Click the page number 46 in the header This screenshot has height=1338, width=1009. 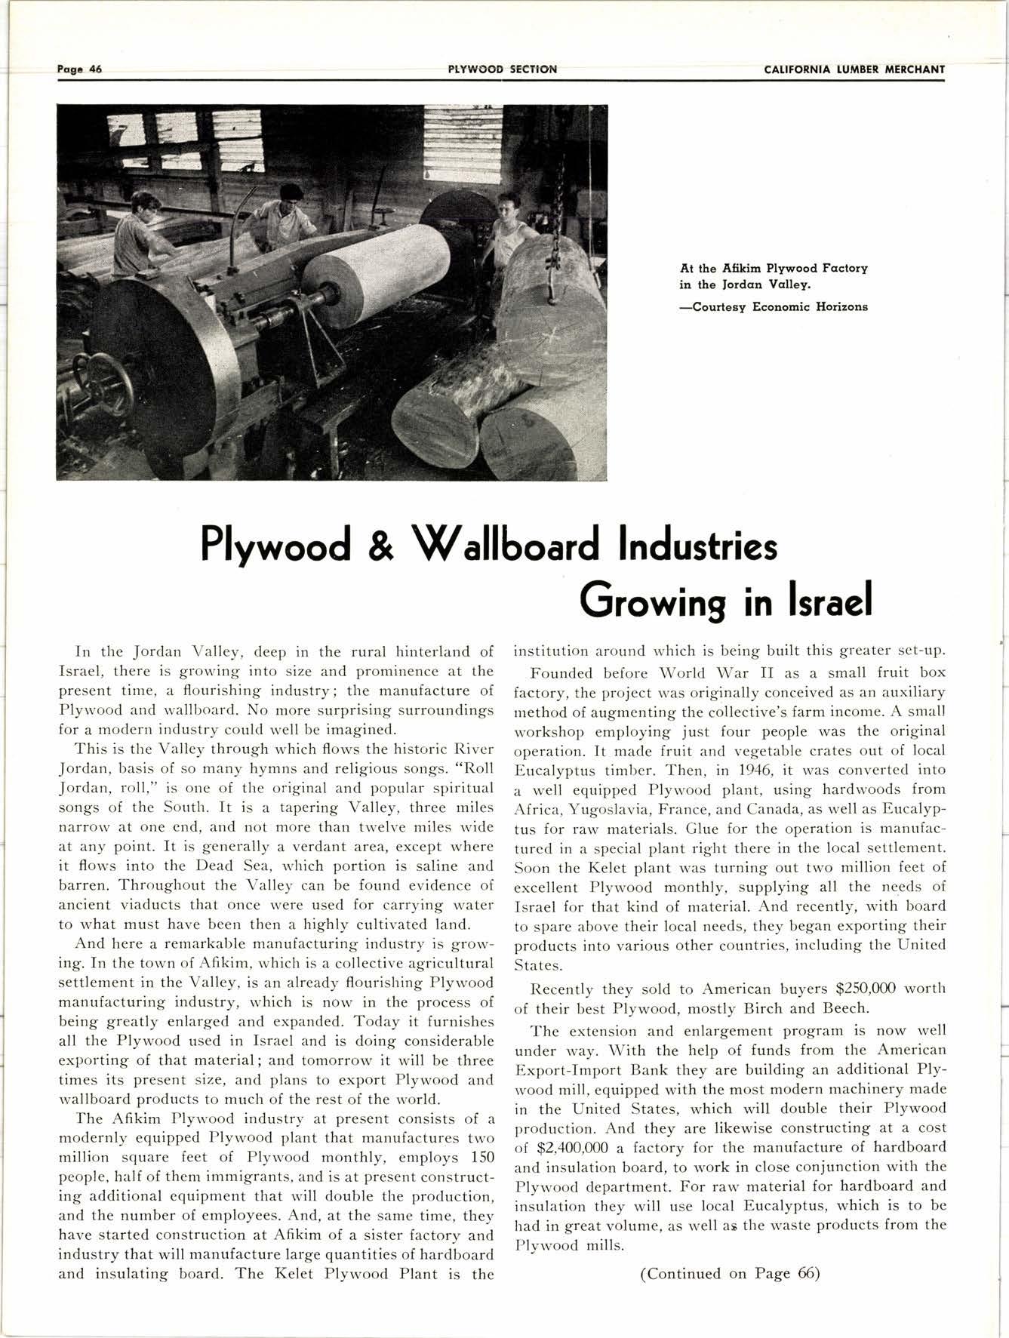coord(95,69)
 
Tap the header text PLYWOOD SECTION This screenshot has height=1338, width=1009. coord(503,69)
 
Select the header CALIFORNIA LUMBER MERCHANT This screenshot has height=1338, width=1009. coord(854,69)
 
